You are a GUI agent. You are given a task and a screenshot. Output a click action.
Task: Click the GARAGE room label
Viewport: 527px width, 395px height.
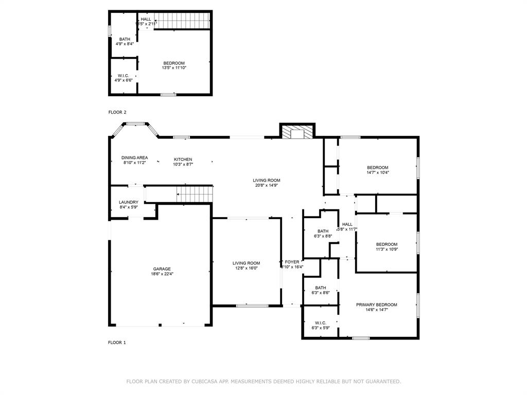[x=162, y=269]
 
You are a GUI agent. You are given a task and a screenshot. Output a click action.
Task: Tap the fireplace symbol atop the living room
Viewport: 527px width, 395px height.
[x=297, y=133]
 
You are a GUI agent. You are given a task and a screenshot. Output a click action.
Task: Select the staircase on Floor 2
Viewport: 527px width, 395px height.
[x=182, y=21]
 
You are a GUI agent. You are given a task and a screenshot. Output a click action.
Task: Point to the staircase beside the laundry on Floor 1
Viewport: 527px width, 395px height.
[x=194, y=194]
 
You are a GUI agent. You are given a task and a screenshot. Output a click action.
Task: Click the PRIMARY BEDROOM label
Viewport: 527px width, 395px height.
[x=376, y=304]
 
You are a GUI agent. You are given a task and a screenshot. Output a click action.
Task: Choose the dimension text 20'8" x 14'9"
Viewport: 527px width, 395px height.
[x=266, y=186]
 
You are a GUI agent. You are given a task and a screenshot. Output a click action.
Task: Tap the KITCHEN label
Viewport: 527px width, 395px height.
[x=183, y=159]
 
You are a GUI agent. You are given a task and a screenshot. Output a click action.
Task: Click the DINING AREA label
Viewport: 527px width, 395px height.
[x=134, y=157]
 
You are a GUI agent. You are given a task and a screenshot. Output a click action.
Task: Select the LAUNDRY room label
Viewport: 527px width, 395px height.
[x=128, y=202]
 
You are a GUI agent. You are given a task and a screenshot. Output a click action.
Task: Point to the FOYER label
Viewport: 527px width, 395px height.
[x=292, y=262]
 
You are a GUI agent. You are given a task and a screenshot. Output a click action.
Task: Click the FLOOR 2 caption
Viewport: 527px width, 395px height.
[x=117, y=112]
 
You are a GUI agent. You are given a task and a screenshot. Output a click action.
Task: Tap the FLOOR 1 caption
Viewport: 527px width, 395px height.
[x=117, y=343]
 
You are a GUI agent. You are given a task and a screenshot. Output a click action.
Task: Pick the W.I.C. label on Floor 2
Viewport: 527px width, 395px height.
[x=123, y=76]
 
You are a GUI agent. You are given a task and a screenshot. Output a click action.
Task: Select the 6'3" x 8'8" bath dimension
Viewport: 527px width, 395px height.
[x=323, y=236]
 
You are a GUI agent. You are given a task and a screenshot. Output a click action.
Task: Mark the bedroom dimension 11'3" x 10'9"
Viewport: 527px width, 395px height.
[x=387, y=249]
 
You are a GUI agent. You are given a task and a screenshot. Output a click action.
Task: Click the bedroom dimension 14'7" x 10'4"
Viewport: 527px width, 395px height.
[x=377, y=173]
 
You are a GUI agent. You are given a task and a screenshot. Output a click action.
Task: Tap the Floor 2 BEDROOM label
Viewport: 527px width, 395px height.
[x=174, y=63]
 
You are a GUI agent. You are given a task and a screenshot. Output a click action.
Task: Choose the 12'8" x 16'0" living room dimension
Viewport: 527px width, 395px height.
[x=245, y=268]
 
